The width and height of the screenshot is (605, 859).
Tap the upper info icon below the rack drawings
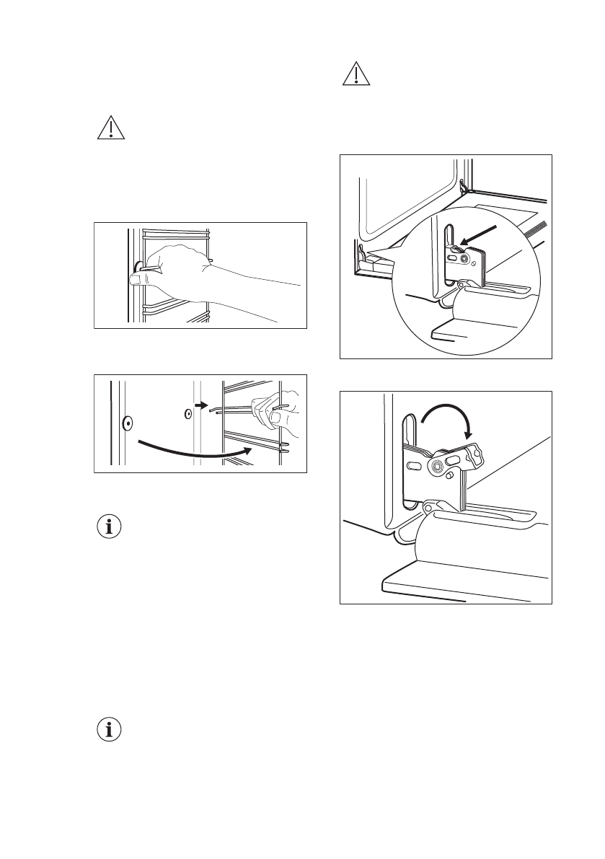110,527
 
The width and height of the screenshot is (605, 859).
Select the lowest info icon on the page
110,729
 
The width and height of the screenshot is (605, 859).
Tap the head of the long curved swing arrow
248,450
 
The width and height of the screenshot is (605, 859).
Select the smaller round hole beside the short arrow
186,414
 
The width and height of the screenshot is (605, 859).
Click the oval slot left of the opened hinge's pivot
413,466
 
